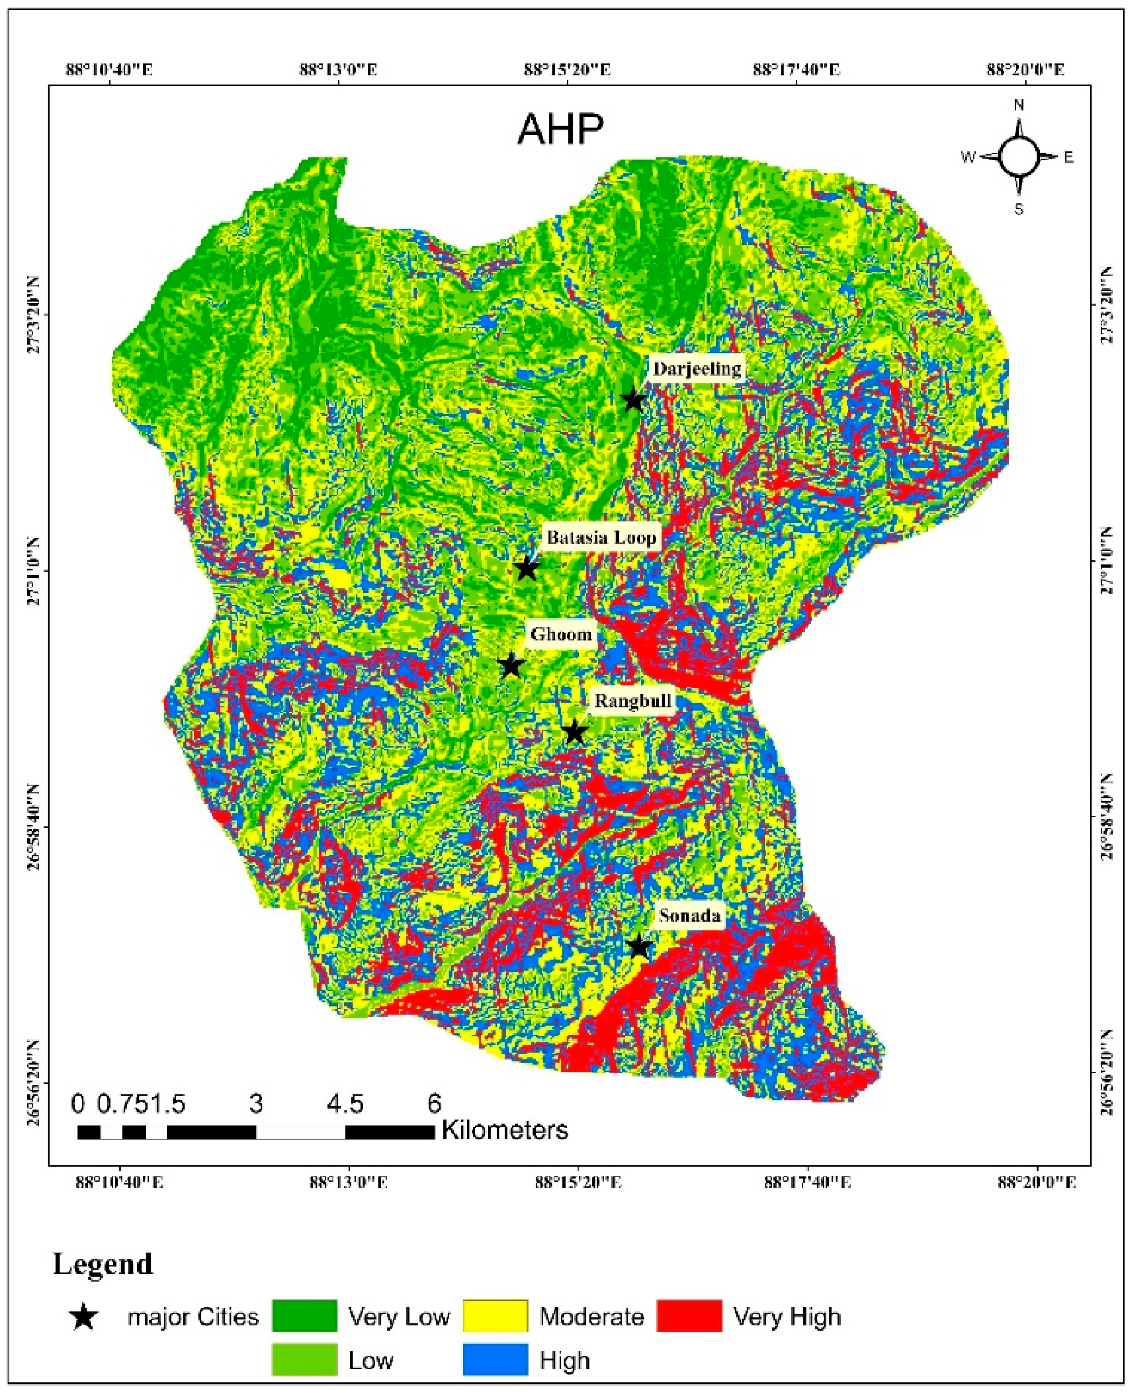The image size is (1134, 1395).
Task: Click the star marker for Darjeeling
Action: tap(632, 400)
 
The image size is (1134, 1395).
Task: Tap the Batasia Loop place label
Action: tap(601, 538)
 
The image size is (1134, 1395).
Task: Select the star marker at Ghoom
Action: tap(512, 666)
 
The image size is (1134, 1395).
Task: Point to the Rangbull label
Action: tap(632, 701)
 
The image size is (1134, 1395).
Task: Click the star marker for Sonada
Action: tap(639, 946)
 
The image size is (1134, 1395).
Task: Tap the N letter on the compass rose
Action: tap(1018, 105)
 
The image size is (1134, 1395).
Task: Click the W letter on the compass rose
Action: tap(968, 157)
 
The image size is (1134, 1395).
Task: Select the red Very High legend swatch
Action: tap(689, 1316)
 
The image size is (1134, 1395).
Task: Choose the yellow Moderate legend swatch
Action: tap(495, 1316)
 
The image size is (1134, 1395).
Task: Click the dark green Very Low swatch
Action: tap(304, 1316)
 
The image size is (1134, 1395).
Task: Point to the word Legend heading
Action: tap(103, 1264)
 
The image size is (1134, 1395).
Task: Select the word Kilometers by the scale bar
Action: tap(505, 1129)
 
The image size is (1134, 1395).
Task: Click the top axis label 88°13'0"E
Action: tap(338, 69)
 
